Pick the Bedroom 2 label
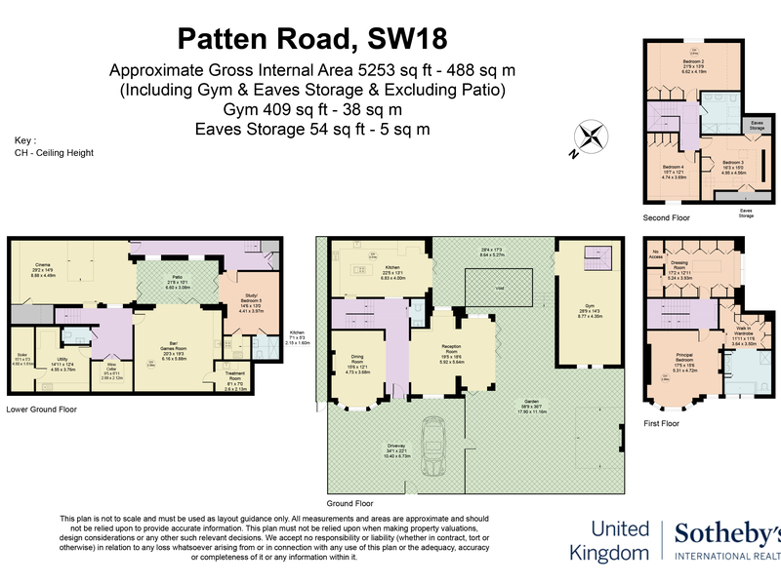tap(693, 64)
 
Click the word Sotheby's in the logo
tap(728, 534)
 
